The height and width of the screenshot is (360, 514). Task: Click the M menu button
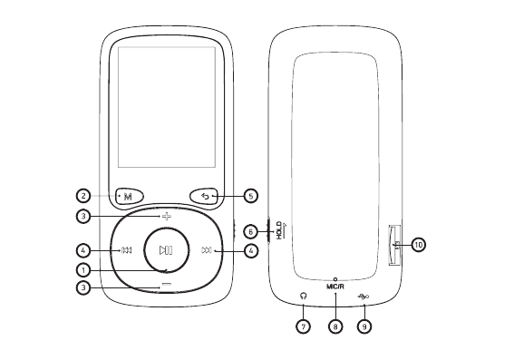pos(130,197)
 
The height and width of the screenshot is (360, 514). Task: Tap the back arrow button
pos(204,197)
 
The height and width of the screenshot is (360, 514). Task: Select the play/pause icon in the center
pos(166,250)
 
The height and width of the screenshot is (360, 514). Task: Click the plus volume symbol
pos(167,217)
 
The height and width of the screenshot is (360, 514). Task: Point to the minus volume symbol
pos(167,284)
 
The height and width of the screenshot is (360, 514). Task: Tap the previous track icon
pos(127,250)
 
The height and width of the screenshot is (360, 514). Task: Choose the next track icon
pos(207,250)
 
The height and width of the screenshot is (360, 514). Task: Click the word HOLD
pos(278,229)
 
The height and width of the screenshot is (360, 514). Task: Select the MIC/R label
pos(335,287)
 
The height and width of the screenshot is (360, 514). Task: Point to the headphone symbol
pos(304,296)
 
